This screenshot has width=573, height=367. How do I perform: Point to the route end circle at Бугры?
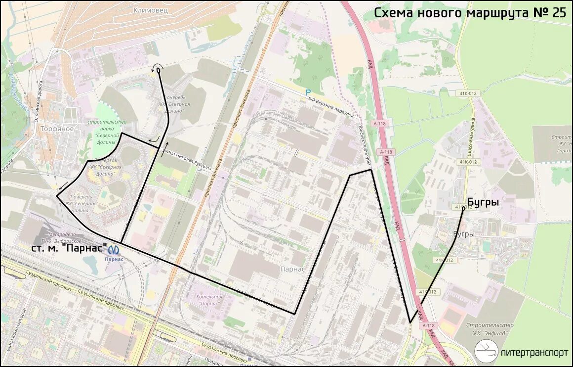click(x=463, y=208)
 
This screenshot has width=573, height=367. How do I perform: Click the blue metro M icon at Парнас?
click(x=115, y=249)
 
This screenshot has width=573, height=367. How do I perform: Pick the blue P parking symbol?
click(x=308, y=92)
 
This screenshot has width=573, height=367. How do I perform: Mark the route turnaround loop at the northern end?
click(x=158, y=69)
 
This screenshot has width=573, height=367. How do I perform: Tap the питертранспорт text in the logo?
click(x=534, y=353)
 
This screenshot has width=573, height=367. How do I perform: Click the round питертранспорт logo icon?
click(x=486, y=352)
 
